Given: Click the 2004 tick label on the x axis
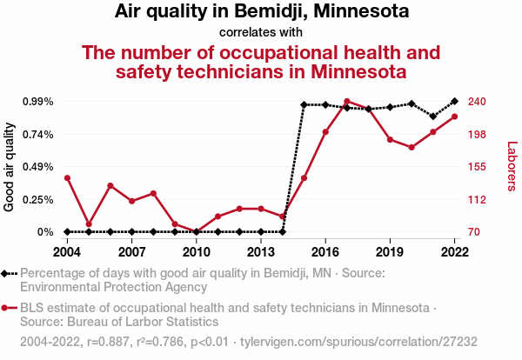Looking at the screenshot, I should click(67, 251).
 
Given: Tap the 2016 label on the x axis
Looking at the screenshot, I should click(325, 251).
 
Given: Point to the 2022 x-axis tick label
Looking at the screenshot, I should click(454, 251).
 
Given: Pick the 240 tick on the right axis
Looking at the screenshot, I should click(476, 102).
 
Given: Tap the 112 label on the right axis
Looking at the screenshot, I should click(476, 199).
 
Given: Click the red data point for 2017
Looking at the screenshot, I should click(347, 102).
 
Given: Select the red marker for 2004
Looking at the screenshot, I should click(67, 178).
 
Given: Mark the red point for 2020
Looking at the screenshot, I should click(412, 148).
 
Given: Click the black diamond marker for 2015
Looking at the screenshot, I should click(304, 105).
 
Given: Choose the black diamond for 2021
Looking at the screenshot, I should click(433, 116).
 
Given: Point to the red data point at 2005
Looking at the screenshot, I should click(89, 224).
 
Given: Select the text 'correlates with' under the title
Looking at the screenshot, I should click(261, 33).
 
